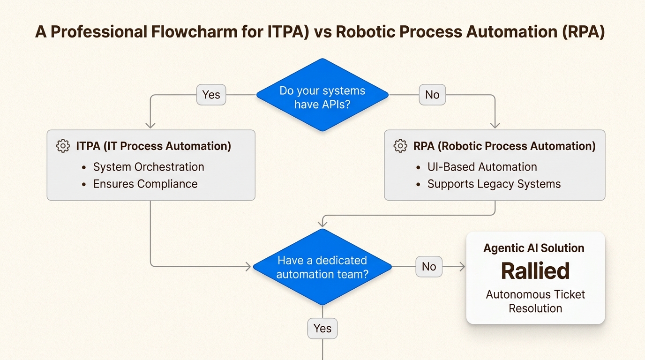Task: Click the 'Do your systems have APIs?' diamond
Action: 322,95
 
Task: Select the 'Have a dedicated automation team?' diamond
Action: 322,267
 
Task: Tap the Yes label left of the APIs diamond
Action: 211,95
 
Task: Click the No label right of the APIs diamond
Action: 432,95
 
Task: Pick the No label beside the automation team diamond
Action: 428,267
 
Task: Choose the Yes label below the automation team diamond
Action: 322,329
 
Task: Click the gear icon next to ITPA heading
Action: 63,146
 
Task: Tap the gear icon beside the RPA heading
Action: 400,146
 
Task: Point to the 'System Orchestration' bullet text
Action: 149,167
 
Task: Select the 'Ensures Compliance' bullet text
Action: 145,184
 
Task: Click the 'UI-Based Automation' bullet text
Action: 482,167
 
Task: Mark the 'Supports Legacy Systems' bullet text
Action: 494,184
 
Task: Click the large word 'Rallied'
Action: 535,271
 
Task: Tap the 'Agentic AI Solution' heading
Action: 534,248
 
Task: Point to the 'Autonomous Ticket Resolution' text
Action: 535,301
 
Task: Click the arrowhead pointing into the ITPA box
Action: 150,125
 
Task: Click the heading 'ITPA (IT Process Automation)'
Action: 153,146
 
